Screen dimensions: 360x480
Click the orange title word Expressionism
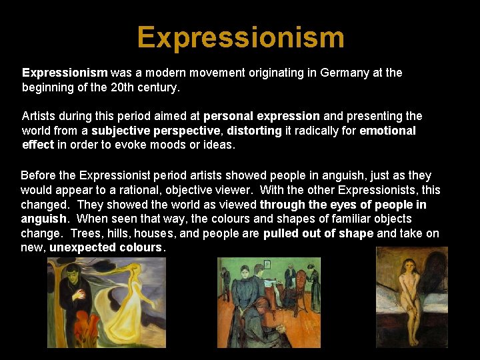tap(241, 37)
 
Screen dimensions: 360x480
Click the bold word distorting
tap(255, 131)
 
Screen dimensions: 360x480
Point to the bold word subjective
tap(122, 131)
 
